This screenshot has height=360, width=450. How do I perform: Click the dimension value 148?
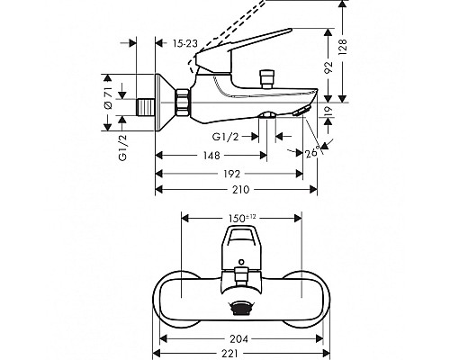pos(211,156)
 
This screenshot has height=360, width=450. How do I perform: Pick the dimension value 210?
pos(238,191)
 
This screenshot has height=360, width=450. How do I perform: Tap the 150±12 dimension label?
pos(242,217)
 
